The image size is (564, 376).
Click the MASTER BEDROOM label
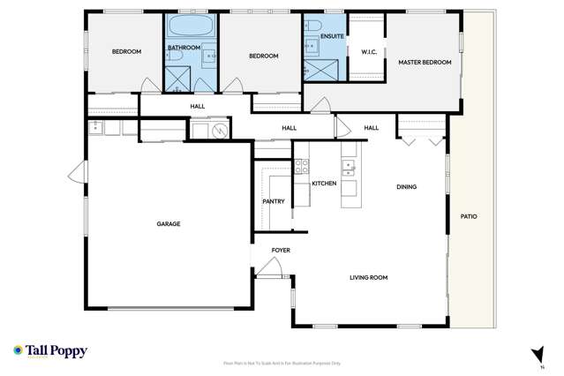click(x=425, y=63)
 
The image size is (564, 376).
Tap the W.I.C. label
click(x=369, y=52)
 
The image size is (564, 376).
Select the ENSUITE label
click(x=332, y=36)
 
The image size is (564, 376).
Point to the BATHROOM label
click(x=184, y=48)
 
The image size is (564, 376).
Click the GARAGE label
click(x=169, y=224)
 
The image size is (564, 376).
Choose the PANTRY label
click(x=274, y=201)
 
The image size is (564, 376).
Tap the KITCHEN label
click(x=324, y=183)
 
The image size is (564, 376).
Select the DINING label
click(x=407, y=186)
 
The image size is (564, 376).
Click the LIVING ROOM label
click(x=369, y=278)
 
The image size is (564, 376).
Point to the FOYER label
click(x=281, y=251)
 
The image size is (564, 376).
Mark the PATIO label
click(x=469, y=216)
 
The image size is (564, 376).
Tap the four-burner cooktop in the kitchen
click(x=301, y=164)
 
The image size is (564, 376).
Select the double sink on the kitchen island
click(x=350, y=165)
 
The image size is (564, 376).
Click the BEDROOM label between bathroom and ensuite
click(x=263, y=56)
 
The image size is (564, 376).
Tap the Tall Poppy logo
click(x=49, y=351)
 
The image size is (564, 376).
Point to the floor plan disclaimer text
click(x=282, y=363)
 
